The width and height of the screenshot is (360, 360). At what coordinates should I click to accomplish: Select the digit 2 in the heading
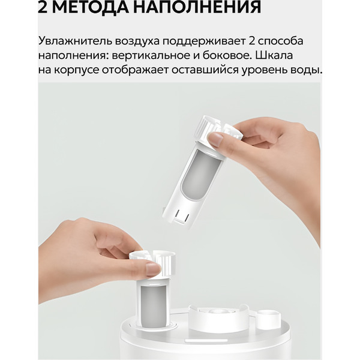click(44, 8)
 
